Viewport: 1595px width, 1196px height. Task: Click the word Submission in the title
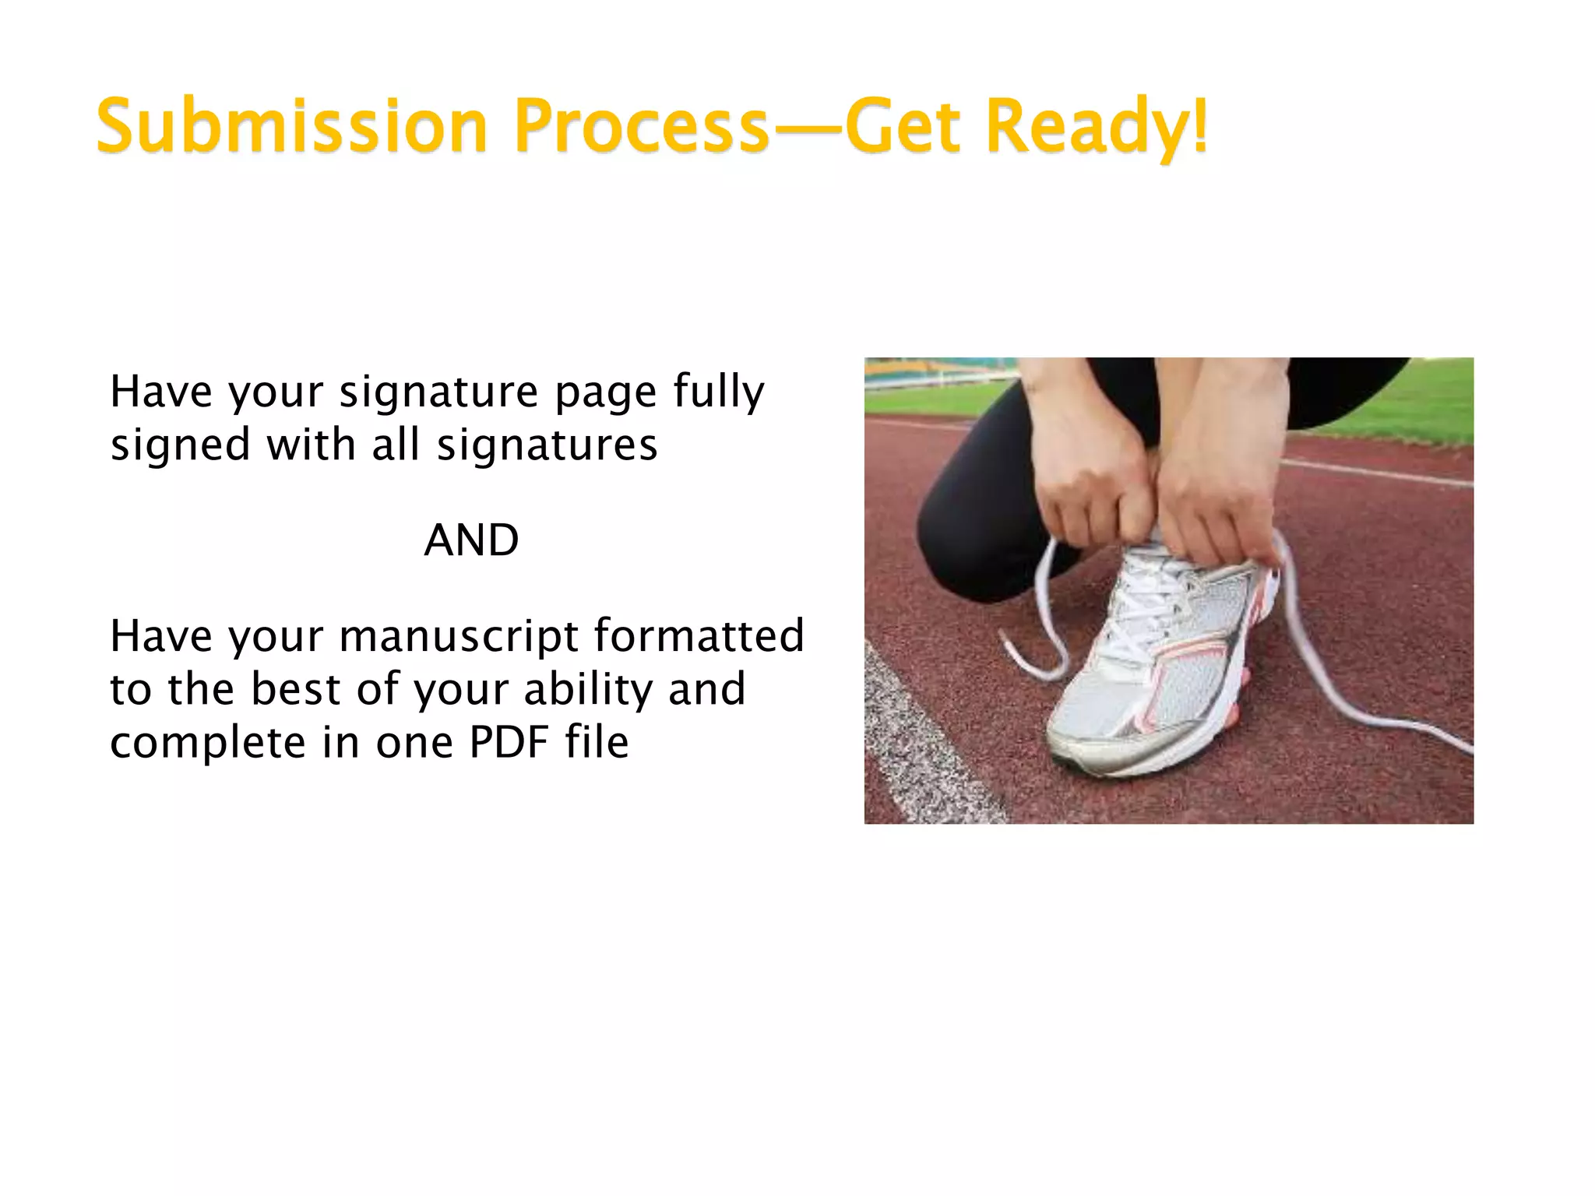click(291, 126)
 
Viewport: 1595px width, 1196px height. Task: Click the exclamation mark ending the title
click(1200, 125)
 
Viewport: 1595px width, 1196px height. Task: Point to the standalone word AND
click(471, 540)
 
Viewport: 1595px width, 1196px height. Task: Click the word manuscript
click(459, 637)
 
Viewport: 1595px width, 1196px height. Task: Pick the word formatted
click(699, 635)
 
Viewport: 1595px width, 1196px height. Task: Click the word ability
click(589, 690)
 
